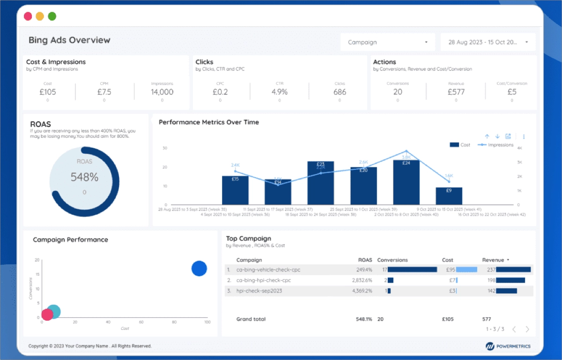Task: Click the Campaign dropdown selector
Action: (x=387, y=42)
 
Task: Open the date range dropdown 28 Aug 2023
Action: (x=488, y=42)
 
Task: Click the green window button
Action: (x=52, y=16)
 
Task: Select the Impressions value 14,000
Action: (x=162, y=92)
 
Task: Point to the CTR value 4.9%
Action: (x=280, y=92)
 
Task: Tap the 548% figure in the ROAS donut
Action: (x=84, y=177)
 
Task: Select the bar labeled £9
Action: (x=449, y=196)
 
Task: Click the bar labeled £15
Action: (x=235, y=190)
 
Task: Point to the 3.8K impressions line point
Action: (x=406, y=151)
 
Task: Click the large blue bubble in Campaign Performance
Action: (x=199, y=269)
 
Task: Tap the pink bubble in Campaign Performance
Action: (x=47, y=315)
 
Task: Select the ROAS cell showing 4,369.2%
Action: (x=362, y=291)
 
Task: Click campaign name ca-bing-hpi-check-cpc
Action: (x=263, y=280)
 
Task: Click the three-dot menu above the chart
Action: (x=524, y=137)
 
